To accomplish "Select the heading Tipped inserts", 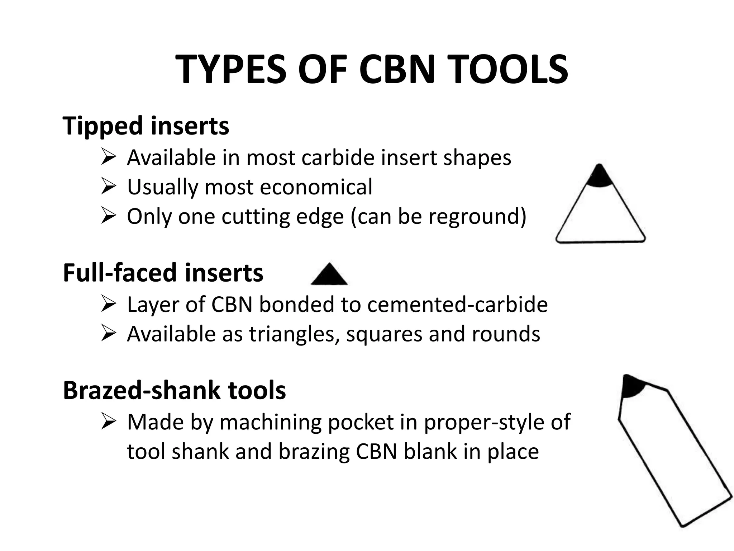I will (x=146, y=126).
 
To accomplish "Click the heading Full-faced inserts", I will (x=163, y=273).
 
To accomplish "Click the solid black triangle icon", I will (x=329, y=275).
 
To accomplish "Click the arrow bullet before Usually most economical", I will (x=108, y=187).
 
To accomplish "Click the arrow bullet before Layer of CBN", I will (x=108, y=305).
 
